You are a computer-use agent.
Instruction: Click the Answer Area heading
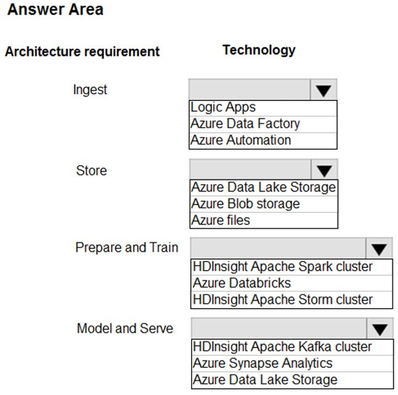point(55,10)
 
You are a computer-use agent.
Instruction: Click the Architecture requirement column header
point(82,52)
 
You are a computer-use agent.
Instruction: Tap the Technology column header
point(259,50)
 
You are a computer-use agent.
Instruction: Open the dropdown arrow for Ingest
point(323,90)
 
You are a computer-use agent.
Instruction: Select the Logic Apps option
point(223,107)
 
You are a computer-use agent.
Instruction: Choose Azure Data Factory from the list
point(245,124)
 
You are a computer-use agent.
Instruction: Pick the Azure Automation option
point(241,140)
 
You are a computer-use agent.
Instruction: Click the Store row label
point(91,170)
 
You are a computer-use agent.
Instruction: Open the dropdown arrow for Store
point(324,170)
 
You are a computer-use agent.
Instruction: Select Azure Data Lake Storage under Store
point(264,187)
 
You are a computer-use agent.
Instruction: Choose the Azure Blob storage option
point(245,203)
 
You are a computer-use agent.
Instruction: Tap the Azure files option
point(221,220)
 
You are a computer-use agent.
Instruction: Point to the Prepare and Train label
point(127,248)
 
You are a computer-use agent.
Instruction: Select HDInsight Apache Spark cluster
point(283,267)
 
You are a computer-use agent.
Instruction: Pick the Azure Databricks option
point(242,283)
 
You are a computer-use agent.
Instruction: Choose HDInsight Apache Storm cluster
point(283,299)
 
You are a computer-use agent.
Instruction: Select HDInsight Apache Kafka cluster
point(282,347)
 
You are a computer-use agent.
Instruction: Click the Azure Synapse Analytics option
point(262,364)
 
